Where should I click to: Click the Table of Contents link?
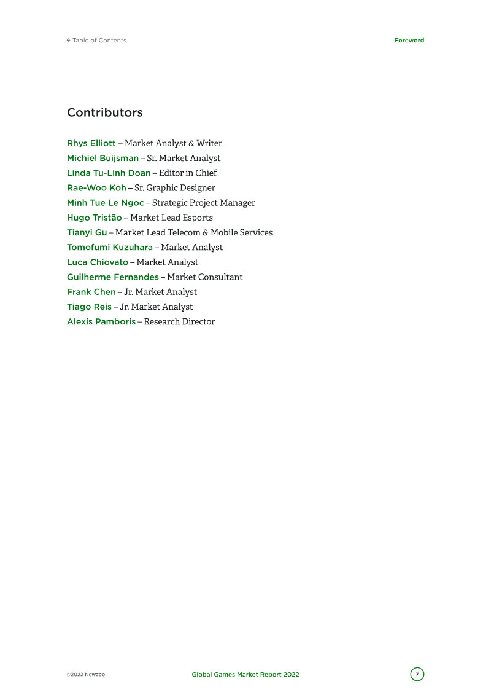(96, 41)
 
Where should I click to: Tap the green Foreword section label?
(409, 41)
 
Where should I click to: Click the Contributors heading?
(105, 112)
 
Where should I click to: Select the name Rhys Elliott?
(91, 143)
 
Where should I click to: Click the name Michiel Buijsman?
(102, 158)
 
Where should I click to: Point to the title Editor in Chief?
(188, 173)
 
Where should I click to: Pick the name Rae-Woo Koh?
(96, 188)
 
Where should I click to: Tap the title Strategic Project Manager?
(204, 203)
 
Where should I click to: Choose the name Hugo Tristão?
(94, 218)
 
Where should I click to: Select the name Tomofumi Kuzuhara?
(110, 247)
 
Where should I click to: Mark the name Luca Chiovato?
(98, 262)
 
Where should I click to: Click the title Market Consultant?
(205, 277)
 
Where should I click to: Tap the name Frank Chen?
(91, 292)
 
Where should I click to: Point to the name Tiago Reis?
(89, 307)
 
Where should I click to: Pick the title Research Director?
(180, 321)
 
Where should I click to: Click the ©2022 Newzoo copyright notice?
(86, 675)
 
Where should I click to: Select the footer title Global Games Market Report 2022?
(245, 675)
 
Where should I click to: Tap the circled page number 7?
(417, 674)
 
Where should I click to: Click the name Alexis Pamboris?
(101, 321)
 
